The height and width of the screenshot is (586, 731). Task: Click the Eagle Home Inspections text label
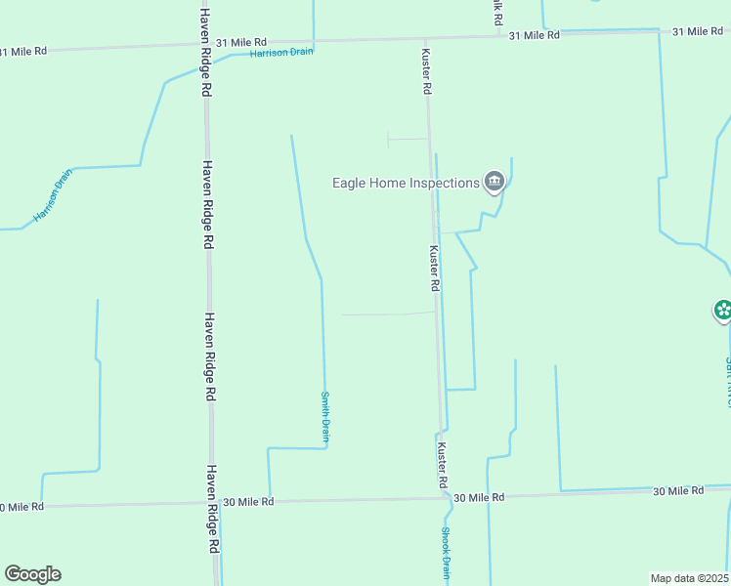pyautogui.click(x=406, y=183)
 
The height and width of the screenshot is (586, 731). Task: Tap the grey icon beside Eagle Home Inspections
pyautogui.click(x=494, y=181)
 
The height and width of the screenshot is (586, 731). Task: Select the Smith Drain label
pyautogui.click(x=325, y=418)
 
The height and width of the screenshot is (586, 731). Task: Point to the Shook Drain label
pyautogui.click(x=446, y=554)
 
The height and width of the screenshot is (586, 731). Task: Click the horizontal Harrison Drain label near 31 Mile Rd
pyautogui.click(x=281, y=52)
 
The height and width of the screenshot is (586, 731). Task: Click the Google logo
pyautogui.click(x=32, y=574)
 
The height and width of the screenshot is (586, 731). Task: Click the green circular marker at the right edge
pyautogui.click(x=723, y=312)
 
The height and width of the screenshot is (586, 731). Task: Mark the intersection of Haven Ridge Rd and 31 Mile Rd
pyautogui.click(x=205, y=44)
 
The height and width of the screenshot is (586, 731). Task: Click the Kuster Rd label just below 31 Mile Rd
pyautogui.click(x=427, y=71)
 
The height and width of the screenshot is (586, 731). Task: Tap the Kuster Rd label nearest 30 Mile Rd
pyautogui.click(x=442, y=466)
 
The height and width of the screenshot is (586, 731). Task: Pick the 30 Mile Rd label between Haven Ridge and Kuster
pyautogui.click(x=248, y=501)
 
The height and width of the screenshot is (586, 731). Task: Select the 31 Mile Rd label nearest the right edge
pyautogui.click(x=697, y=32)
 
